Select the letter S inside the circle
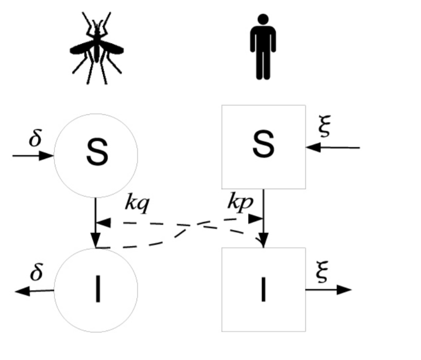point(97,154)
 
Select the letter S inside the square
point(263,145)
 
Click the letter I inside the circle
point(98,291)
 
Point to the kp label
point(240,202)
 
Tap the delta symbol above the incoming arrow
point(35,139)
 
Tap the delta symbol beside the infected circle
point(36,273)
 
